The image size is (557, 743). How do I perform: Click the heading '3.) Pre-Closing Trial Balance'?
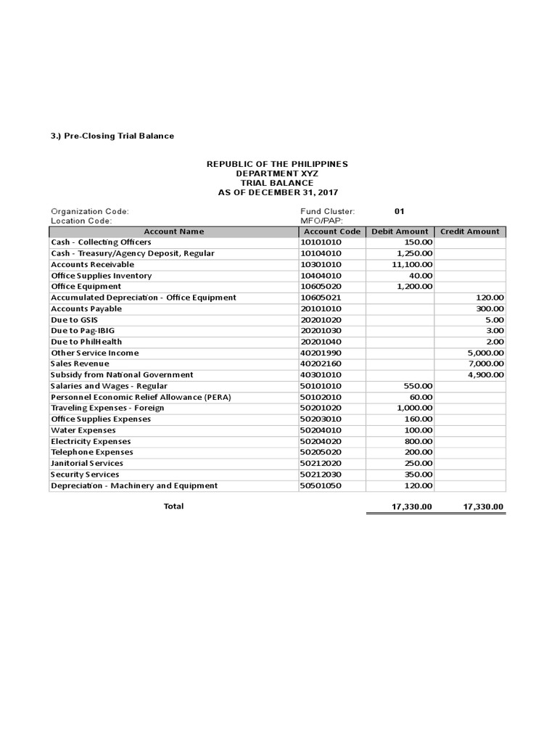[x=112, y=136]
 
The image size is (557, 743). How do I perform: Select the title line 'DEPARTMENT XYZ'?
[x=277, y=174]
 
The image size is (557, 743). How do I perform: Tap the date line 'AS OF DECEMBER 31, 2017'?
[x=277, y=193]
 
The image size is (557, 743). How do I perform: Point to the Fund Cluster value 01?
[x=399, y=211]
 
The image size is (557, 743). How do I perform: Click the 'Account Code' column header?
[x=331, y=231]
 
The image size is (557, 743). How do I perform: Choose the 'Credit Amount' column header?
[x=470, y=231]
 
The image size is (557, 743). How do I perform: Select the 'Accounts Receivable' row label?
[x=92, y=265]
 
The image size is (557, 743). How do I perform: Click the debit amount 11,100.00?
[x=412, y=265]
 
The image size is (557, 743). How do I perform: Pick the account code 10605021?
[x=321, y=297]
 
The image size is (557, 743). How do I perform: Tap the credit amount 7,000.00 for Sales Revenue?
[x=484, y=364]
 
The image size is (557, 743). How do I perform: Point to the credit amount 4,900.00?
[x=484, y=374]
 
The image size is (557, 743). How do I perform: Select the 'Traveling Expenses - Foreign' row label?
[x=107, y=408]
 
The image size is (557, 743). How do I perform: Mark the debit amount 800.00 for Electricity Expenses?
[x=418, y=441]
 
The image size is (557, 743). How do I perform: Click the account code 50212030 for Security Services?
[x=321, y=474]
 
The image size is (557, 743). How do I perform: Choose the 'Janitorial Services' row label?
[x=87, y=463]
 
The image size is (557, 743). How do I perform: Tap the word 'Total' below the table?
[x=173, y=506]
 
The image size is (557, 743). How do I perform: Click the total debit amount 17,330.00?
[x=409, y=507]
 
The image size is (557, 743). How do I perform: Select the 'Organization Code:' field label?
[x=90, y=211]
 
